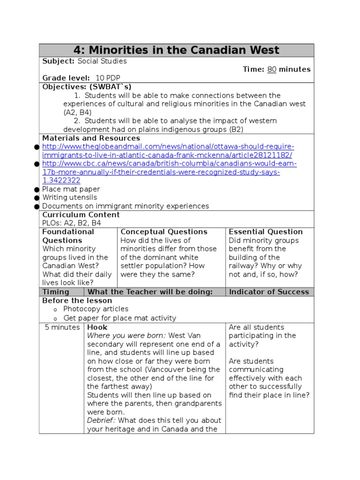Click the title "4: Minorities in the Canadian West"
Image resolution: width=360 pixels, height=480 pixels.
pyautogui.click(x=176, y=50)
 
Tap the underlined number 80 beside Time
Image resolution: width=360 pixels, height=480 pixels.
pyautogui.click(x=272, y=69)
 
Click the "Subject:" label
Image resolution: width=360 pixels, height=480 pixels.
pyautogui.click(x=58, y=61)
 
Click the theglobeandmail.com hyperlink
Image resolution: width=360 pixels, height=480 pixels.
pyautogui.click(x=168, y=151)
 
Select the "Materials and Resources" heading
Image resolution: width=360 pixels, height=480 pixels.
pyautogui.click(x=91, y=138)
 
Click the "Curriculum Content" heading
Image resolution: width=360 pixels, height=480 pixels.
pyautogui.click(x=81, y=215)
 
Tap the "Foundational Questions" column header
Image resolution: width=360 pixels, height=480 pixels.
pyautogui.click(x=68, y=236)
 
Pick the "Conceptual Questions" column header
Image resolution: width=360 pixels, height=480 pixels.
pyautogui.click(x=164, y=232)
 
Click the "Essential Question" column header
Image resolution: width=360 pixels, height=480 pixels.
pyautogui.click(x=265, y=232)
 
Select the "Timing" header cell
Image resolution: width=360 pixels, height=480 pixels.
pyautogui.click(x=56, y=292)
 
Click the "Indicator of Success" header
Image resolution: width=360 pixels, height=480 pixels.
pyautogui.click(x=269, y=292)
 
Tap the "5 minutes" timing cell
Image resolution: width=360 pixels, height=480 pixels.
pyautogui.click(x=62, y=327)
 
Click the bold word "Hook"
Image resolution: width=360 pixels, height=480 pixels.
pyautogui.click(x=97, y=327)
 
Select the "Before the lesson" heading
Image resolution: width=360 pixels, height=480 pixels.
pyautogui.click(x=77, y=300)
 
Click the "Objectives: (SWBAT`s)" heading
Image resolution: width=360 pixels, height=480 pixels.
pyautogui.click(x=87, y=87)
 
